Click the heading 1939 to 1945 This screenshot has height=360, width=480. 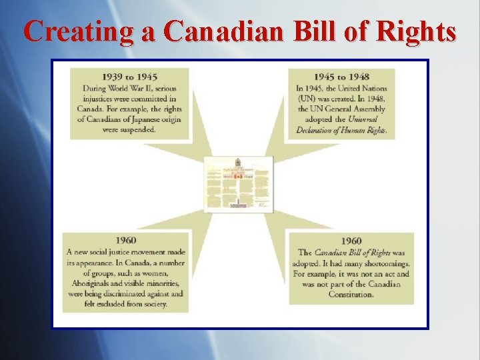point(130,77)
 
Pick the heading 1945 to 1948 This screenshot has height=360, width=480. point(342,77)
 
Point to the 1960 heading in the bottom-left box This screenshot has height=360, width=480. point(125,240)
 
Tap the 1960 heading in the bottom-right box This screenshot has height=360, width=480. point(351,241)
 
